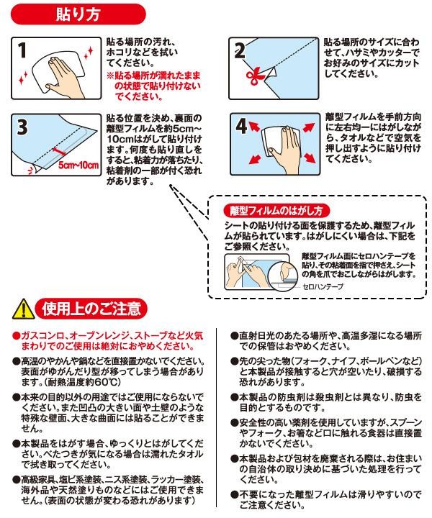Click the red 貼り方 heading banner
click(x=78, y=14)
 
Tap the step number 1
click(x=22, y=50)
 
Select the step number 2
click(x=240, y=50)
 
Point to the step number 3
click(x=22, y=127)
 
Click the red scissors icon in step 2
click(x=255, y=77)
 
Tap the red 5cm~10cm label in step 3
click(x=78, y=165)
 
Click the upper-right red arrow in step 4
click(x=309, y=127)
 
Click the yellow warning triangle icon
click(x=23, y=309)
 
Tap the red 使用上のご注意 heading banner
click(x=91, y=309)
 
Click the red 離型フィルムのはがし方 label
click(x=276, y=210)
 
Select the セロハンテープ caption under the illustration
click(x=323, y=286)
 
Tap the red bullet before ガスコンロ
click(x=16, y=336)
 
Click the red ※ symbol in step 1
click(x=110, y=76)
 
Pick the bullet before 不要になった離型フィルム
click(x=234, y=494)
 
